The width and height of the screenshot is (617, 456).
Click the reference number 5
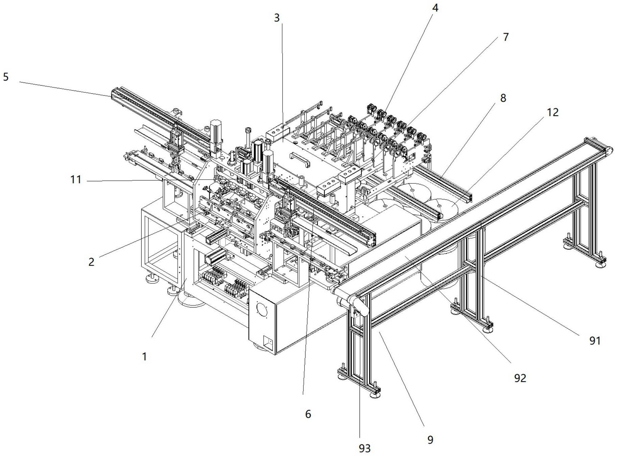6,77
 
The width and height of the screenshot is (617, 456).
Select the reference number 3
277,18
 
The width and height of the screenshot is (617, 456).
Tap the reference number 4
435,8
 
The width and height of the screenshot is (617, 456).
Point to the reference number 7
505,37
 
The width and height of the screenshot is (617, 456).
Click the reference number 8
503,98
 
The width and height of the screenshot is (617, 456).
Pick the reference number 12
552,112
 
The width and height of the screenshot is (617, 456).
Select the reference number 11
76,179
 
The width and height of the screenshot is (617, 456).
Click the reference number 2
91,261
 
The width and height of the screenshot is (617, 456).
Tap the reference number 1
144,356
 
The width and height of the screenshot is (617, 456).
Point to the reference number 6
308,414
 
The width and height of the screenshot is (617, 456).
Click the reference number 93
365,448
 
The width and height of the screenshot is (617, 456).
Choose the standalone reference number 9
430,439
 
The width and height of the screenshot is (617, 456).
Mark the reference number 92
520,378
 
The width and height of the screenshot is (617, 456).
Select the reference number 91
595,340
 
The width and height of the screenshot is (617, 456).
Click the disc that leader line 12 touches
441,207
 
